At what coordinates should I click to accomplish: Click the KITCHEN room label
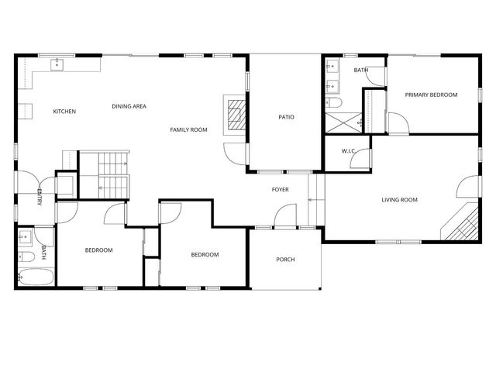click(x=64, y=112)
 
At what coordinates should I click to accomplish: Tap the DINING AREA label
click(x=129, y=106)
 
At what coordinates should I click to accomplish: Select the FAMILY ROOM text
click(x=189, y=129)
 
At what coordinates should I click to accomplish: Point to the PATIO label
click(x=286, y=117)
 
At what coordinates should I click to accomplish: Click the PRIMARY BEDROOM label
click(x=432, y=95)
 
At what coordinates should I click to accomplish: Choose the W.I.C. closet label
click(x=349, y=151)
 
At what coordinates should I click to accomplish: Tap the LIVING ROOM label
click(x=399, y=200)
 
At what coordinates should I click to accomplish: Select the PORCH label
click(x=285, y=259)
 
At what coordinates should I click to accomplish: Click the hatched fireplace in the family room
click(x=235, y=114)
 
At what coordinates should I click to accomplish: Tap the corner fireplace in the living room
click(x=463, y=225)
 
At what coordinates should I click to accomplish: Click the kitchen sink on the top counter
click(x=57, y=65)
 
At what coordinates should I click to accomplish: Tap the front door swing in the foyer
click(x=286, y=215)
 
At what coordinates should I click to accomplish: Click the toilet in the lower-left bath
click(x=25, y=256)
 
